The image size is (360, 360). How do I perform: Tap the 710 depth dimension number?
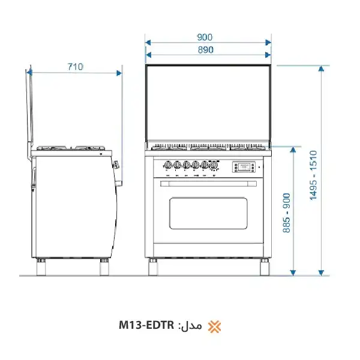click(74, 67)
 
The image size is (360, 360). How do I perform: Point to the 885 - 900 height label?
click(287, 213)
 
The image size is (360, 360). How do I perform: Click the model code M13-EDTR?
click(146, 326)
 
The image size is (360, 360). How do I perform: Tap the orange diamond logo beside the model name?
click(214, 326)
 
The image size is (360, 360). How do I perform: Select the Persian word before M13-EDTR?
click(191, 326)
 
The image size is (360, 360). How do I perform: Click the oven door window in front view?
click(208, 213)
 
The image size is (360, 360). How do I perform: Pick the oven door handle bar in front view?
click(208, 184)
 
